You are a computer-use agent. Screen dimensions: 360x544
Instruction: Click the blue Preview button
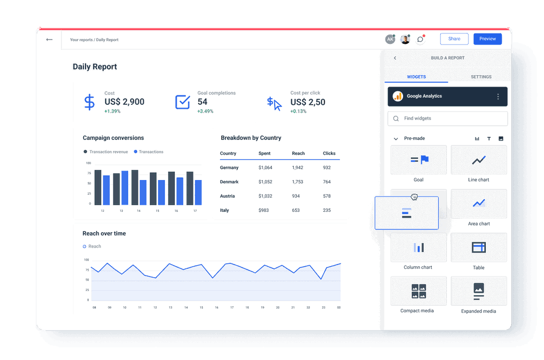click(487, 39)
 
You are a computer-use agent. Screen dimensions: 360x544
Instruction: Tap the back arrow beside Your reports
click(49, 40)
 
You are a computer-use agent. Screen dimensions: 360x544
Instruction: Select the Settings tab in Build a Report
click(480, 77)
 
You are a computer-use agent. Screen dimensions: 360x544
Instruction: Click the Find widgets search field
click(447, 119)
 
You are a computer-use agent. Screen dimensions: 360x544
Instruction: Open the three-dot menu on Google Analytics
click(498, 97)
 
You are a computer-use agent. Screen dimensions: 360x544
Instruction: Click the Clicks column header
click(329, 154)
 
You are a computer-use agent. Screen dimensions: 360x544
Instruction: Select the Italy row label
click(224, 211)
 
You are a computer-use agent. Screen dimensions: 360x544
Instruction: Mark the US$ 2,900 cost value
click(124, 102)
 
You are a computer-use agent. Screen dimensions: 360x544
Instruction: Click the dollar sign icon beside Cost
click(89, 102)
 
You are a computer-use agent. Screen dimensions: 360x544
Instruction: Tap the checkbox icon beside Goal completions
click(182, 102)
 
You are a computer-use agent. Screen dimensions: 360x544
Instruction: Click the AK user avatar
click(390, 40)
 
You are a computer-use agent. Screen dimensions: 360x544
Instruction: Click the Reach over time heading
click(104, 234)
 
